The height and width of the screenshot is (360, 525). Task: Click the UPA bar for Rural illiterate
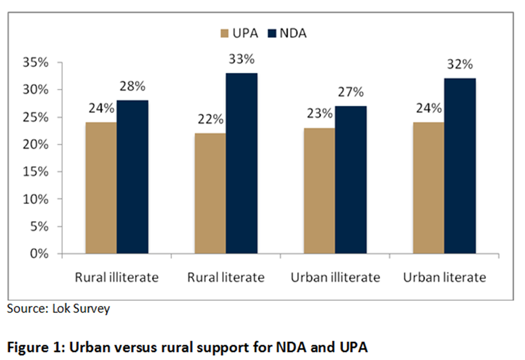[x=101, y=188]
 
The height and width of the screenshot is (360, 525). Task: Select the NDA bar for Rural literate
[x=241, y=164]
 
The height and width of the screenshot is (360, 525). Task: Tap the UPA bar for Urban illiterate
[x=319, y=191]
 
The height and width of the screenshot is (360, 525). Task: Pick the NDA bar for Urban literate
[x=460, y=166]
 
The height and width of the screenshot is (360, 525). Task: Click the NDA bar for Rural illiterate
[x=132, y=177]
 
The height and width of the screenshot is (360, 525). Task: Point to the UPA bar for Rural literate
[x=210, y=194]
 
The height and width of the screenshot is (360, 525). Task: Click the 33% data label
[x=242, y=59]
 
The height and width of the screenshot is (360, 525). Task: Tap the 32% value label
[x=460, y=65]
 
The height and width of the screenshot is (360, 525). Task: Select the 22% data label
[x=210, y=120]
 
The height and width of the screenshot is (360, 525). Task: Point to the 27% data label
[x=351, y=93]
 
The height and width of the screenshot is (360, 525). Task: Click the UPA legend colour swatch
[x=224, y=34]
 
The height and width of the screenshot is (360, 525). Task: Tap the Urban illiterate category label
[x=335, y=277]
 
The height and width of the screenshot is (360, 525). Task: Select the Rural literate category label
[x=226, y=277]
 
